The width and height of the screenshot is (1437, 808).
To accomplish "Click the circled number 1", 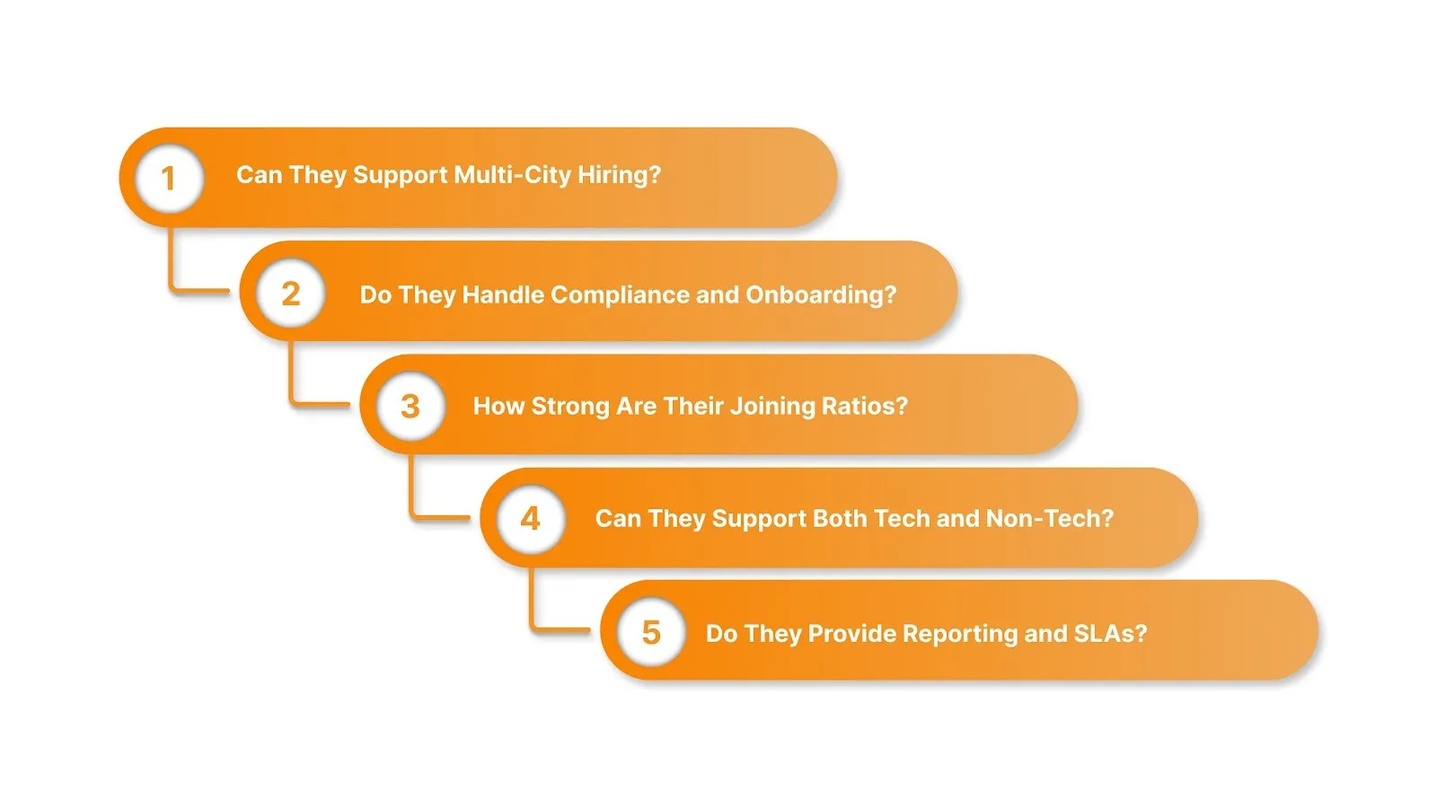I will pos(168,178).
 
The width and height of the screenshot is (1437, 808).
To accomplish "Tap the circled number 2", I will pos(290,294).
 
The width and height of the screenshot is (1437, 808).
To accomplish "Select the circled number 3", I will pos(410,406).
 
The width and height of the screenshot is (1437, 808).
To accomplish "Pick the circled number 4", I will pos(531,518).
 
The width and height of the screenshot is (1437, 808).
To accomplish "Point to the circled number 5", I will pos(651,632).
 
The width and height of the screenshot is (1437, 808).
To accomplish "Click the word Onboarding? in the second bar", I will pos(821,294).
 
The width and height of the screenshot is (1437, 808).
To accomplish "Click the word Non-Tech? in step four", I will pos(1050,518).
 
